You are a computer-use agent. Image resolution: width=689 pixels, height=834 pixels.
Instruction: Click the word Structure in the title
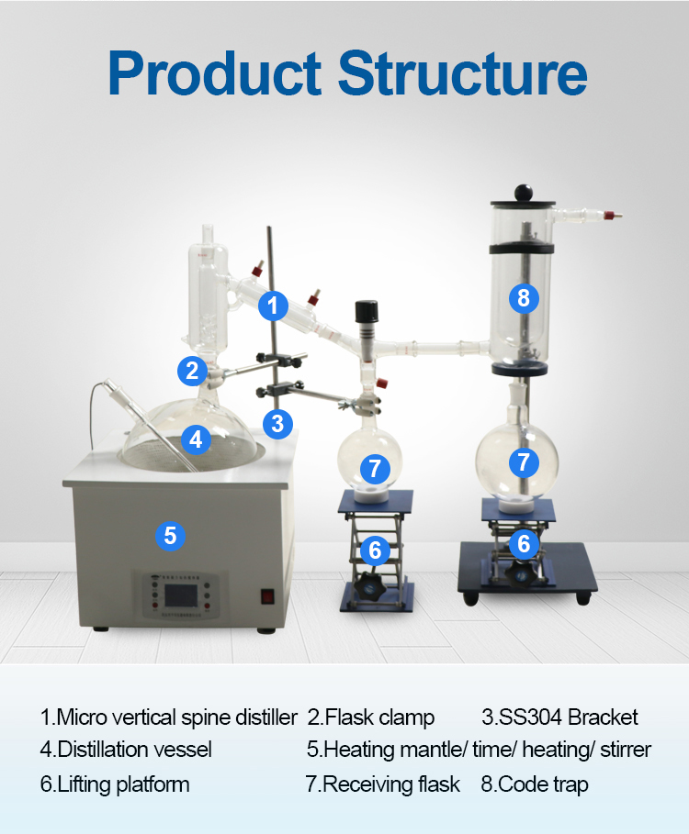462,72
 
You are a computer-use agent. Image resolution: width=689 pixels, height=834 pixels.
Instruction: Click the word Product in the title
215,72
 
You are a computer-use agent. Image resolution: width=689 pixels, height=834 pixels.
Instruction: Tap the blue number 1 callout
273,306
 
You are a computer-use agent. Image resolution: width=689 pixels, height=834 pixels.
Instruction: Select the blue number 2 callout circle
192,371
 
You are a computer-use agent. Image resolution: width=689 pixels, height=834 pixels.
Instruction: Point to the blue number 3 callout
277,424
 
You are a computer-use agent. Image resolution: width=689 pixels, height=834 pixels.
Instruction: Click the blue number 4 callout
196,439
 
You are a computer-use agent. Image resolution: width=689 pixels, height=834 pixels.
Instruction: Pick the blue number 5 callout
170,536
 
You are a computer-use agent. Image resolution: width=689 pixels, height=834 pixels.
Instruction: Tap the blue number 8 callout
524,298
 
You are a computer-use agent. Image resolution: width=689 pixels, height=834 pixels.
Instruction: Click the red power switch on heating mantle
267,596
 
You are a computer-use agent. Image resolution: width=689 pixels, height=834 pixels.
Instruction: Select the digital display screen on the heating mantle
180,596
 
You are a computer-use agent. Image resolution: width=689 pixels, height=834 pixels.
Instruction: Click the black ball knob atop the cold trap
524,193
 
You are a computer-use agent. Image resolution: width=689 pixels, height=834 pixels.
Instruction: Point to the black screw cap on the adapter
367,312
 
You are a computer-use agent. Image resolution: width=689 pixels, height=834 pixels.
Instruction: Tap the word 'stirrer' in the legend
626,750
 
